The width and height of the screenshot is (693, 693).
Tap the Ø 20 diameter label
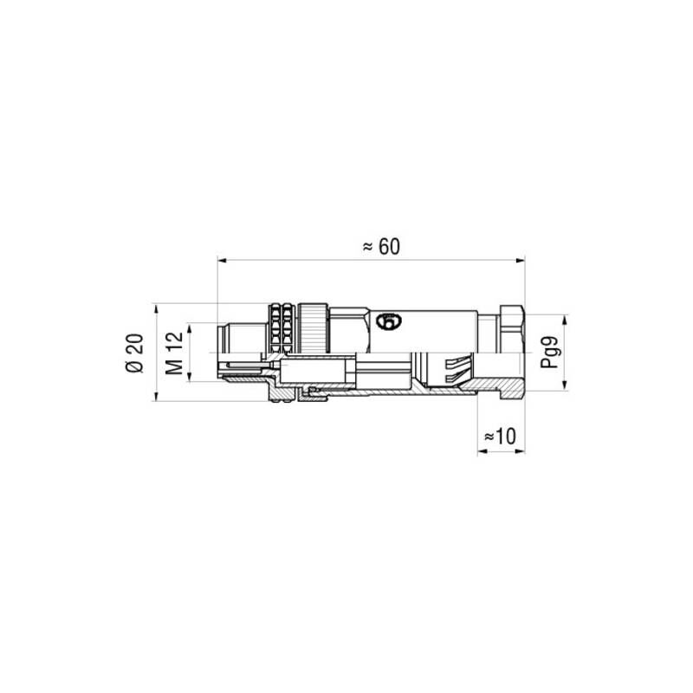(135, 353)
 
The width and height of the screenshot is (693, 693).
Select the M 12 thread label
(174, 353)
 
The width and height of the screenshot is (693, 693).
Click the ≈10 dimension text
(500, 437)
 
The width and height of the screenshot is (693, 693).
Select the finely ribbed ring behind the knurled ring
(313, 324)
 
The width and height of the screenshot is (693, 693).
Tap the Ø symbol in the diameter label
(135, 367)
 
